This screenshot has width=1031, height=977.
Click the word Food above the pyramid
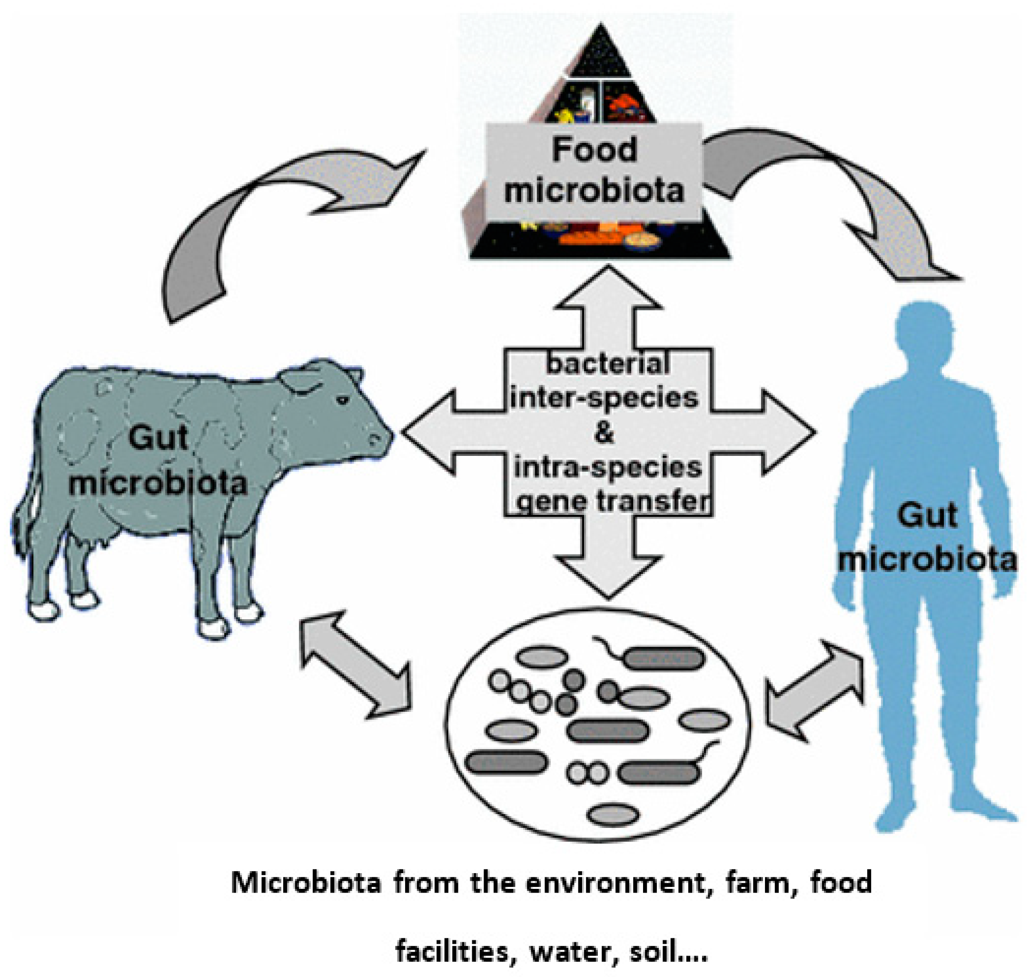tap(594, 151)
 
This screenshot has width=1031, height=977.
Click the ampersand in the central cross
tap(604, 432)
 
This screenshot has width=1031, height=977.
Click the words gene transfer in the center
tap(614, 501)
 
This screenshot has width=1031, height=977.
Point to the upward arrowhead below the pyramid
tap(608, 289)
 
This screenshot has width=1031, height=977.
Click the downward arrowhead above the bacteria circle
tap(608, 575)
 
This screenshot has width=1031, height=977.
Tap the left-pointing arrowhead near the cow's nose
tap(427, 432)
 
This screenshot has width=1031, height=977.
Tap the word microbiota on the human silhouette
tap(927, 560)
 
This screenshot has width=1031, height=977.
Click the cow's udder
tap(94, 542)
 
